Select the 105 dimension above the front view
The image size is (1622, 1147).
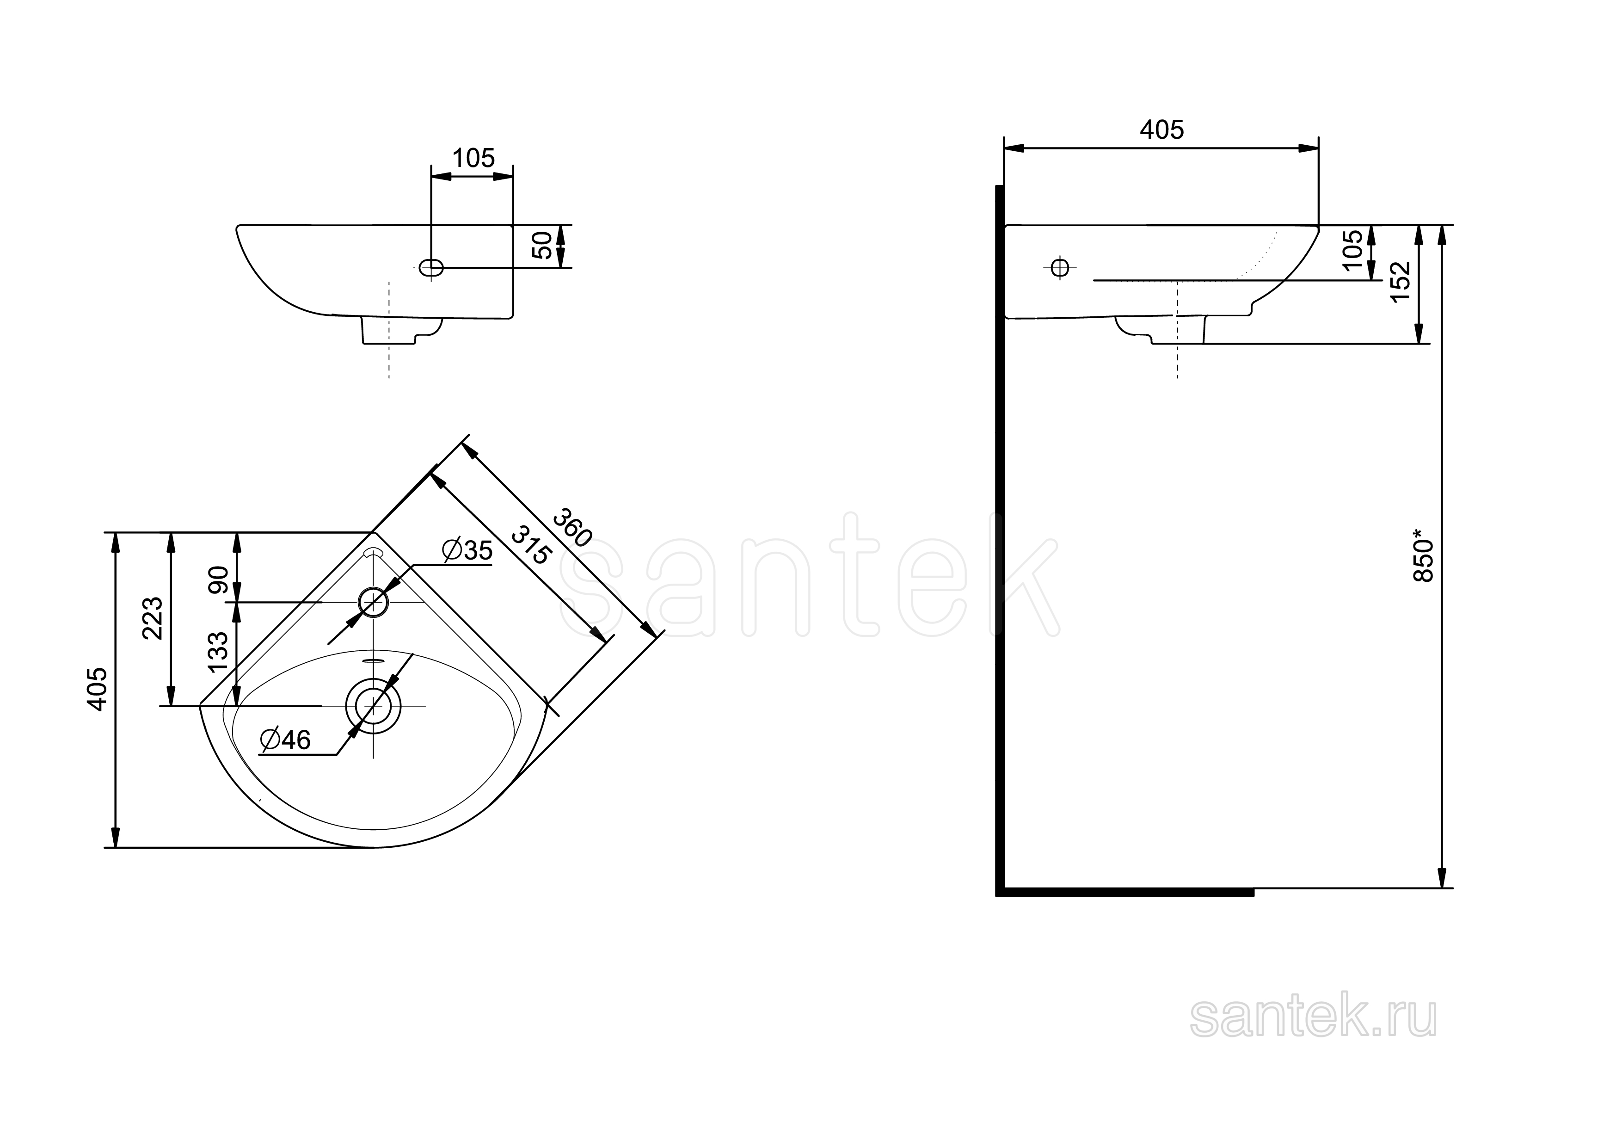coord(473,158)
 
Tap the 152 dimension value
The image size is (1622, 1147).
coord(1400,282)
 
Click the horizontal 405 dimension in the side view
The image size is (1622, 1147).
coord(1162,130)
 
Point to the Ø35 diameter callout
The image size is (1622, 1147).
coord(467,550)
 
